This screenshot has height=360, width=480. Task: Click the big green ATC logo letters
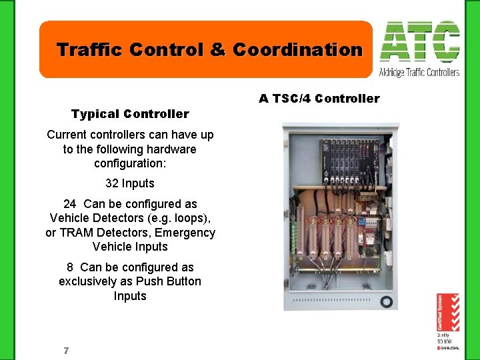coord(419,42)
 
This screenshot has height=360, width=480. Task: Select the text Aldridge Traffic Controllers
coord(419,72)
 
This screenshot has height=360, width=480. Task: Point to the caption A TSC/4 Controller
coord(319,99)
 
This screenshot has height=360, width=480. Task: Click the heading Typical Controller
coord(130,114)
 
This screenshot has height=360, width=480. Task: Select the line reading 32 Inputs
coord(130,183)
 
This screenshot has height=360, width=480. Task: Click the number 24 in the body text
coord(70,204)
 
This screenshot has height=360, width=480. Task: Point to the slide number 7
coord(65,351)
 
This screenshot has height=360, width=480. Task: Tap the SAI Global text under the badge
coord(447,347)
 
